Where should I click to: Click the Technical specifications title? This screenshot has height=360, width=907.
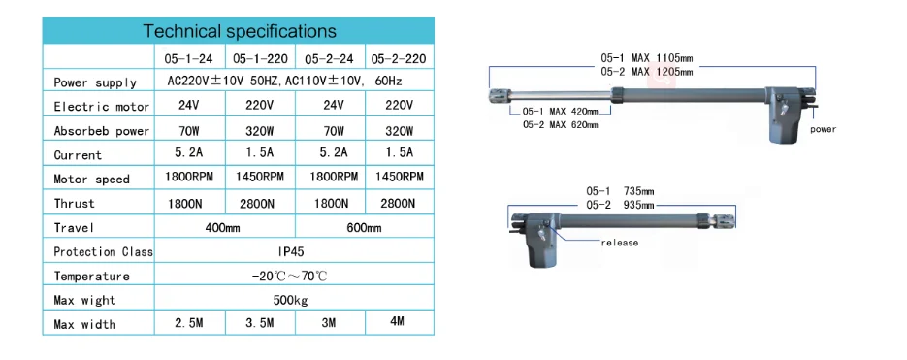pos(239,32)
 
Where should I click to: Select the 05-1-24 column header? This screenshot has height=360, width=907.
pos(189,58)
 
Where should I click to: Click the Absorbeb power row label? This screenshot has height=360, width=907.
pos(101,131)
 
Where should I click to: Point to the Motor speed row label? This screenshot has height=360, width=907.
pos(94,180)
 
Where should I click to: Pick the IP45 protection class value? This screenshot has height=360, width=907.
pos(291,251)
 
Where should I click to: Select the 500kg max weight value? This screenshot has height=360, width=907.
pos(291,300)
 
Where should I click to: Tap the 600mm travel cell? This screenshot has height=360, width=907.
pos(363,228)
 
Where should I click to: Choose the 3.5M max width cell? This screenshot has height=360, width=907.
pos(259,323)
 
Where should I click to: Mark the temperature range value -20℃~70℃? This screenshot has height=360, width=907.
pos(290,276)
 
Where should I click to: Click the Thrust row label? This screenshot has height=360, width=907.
pos(75,204)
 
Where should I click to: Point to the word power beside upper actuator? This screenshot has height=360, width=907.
pos(823,129)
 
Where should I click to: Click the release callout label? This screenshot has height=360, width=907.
pos(620,243)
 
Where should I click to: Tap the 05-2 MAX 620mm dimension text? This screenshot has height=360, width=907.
pos(560,124)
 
